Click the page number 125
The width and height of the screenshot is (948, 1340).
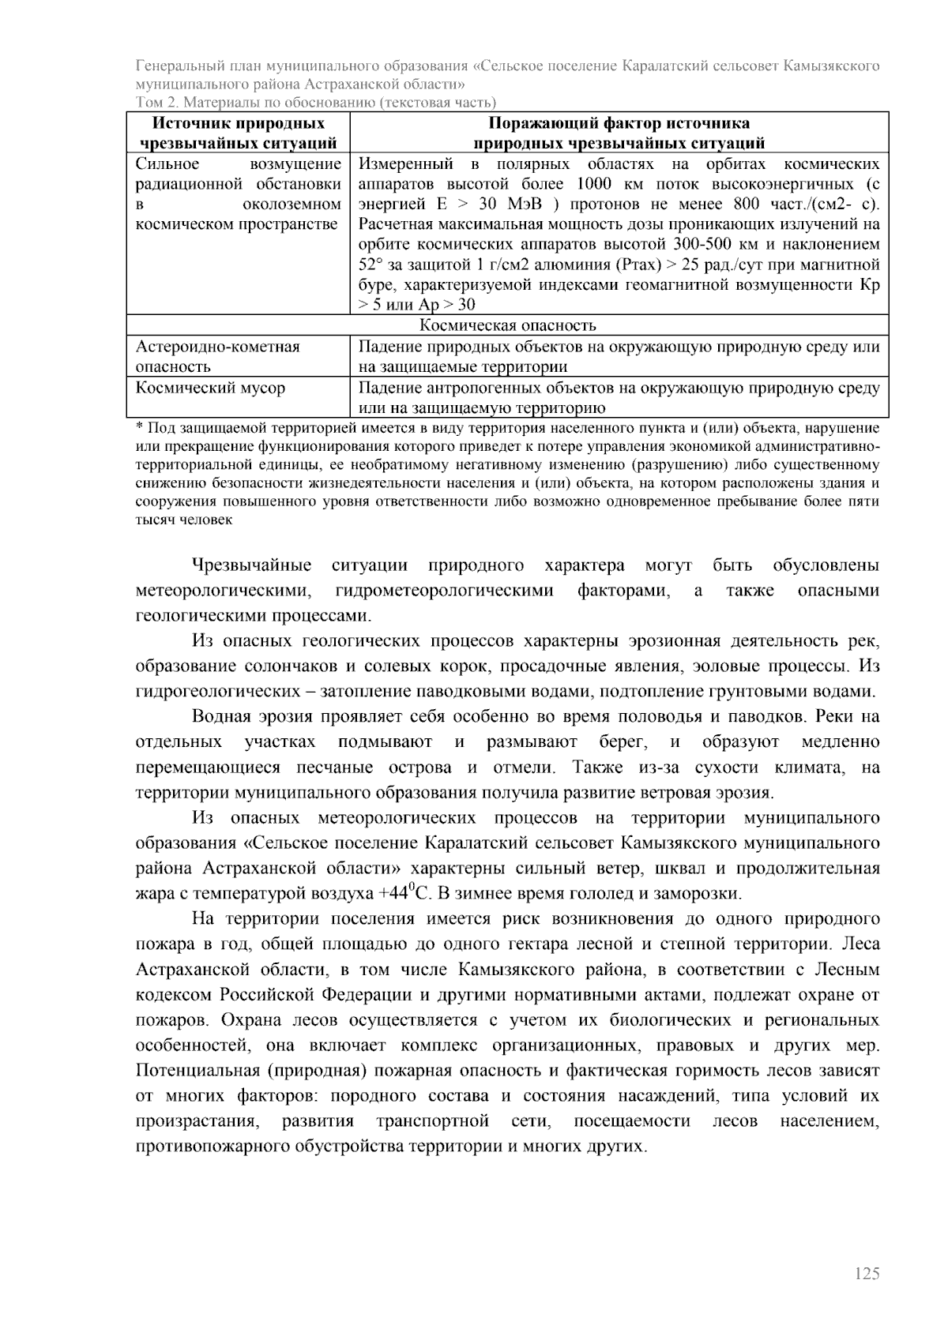tap(867, 1274)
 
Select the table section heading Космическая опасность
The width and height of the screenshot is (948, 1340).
tap(507, 325)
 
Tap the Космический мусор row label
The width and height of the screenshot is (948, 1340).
tap(210, 388)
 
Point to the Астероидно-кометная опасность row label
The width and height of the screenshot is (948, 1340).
tap(217, 356)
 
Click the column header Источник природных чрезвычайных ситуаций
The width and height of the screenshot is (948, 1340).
tap(239, 133)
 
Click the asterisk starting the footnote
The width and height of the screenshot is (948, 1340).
tap(139, 428)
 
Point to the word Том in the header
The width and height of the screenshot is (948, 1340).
tap(149, 102)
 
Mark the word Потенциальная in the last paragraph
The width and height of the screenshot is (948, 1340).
tap(193, 1071)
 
